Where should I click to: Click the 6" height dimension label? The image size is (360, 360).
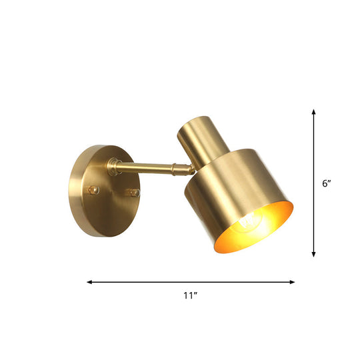pyautogui.click(x=326, y=183)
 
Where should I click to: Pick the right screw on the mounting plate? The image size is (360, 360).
pyautogui.click(x=135, y=193)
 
